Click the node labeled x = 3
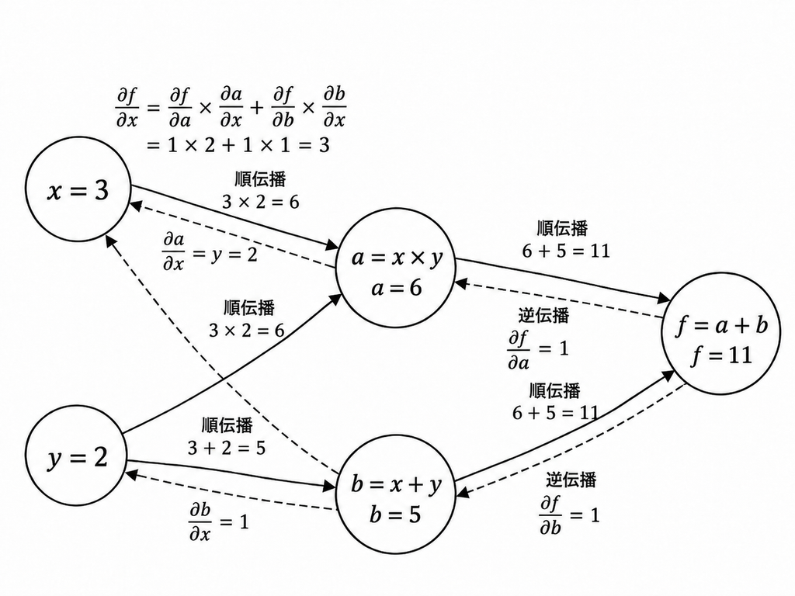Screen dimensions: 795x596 (78, 189)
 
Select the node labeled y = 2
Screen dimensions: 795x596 (77, 455)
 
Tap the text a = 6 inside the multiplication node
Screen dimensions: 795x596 (397, 289)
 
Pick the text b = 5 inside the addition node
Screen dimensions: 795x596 (395, 515)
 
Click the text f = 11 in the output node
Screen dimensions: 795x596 (721, 355)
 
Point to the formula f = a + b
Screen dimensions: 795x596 (721, 326)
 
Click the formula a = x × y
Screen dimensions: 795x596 (397, 258)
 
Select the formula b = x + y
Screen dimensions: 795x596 (396, 485)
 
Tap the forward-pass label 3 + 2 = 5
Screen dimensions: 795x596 (227, 448)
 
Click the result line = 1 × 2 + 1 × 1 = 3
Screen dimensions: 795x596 (238, 145)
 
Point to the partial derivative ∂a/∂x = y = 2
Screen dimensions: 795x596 (210, 251)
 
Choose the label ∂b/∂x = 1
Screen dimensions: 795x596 (219, 522)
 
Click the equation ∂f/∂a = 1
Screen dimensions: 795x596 (537, 349)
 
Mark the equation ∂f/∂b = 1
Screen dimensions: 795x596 (569, 515)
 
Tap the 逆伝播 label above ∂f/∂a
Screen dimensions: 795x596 (543, 315)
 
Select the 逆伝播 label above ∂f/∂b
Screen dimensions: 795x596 (571, 480)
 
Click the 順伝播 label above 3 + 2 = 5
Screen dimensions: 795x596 (227, 424)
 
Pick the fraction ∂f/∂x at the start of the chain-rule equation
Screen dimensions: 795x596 (127, 107)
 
